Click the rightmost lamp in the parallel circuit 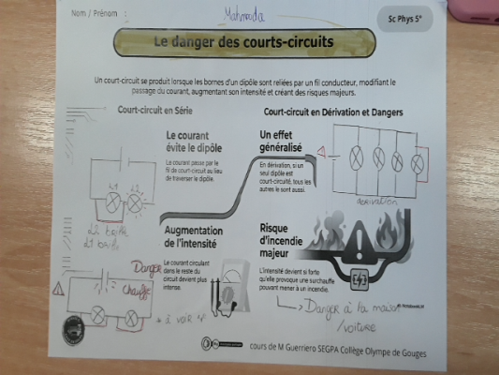(x=414, y=160)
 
